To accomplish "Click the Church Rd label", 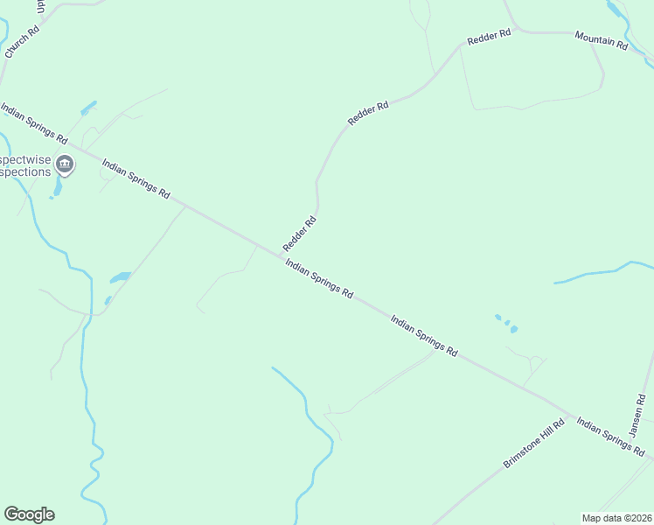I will click(22, 42).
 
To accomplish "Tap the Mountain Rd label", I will click(602, 39).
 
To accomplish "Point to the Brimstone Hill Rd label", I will click(534, 443).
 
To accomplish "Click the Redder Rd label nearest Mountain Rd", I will click(489, 38).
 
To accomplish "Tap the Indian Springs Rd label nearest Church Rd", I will click(34, 123).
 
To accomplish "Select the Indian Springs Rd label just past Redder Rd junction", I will click(319, 279).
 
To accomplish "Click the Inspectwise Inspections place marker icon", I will click(65, 164).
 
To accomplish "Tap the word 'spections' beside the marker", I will click(26, 172).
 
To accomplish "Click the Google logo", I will click(29, 514).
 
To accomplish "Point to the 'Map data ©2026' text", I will click(616, 517).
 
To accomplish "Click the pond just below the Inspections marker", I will click(58, 188).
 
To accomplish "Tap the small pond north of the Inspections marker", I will click(87, 109).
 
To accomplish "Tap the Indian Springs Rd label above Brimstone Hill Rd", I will click(424, 336).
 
